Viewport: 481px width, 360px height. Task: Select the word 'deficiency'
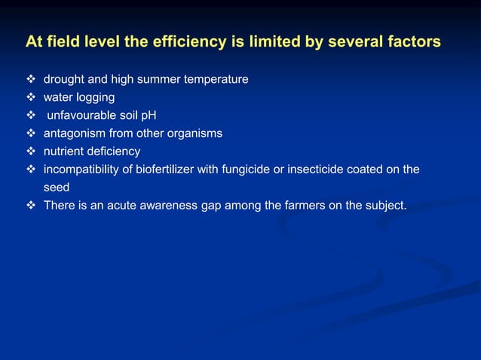coord(113,151)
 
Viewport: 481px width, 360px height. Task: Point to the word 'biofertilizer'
coord(162,169)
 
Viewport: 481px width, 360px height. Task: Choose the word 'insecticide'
coord(315,169)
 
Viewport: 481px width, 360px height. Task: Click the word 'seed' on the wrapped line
coord(57,188)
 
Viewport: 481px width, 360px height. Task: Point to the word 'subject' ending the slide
coord(384,206)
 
